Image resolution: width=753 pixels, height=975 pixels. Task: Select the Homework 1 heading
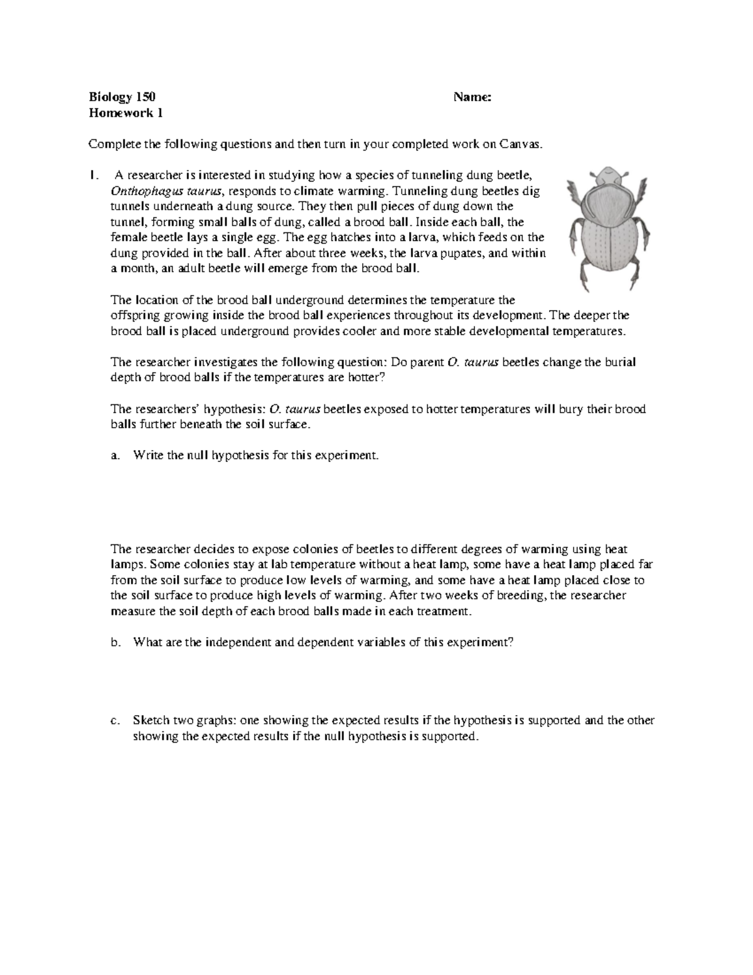(x=125, y=114)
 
